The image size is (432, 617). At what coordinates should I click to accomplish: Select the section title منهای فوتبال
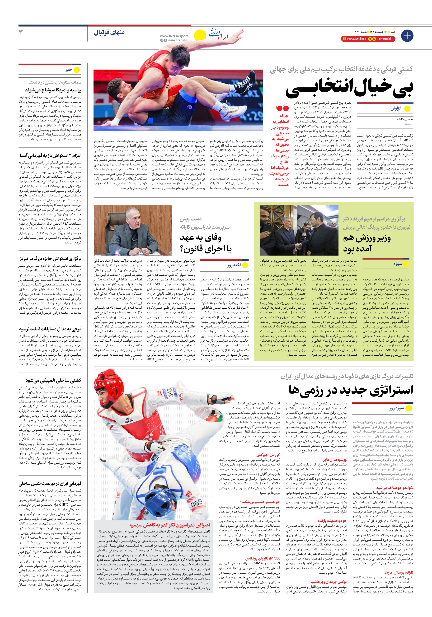pos(109,33)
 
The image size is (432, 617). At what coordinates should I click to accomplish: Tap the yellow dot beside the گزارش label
pos(407,109)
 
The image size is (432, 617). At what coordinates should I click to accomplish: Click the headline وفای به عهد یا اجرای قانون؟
pos(206,243)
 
